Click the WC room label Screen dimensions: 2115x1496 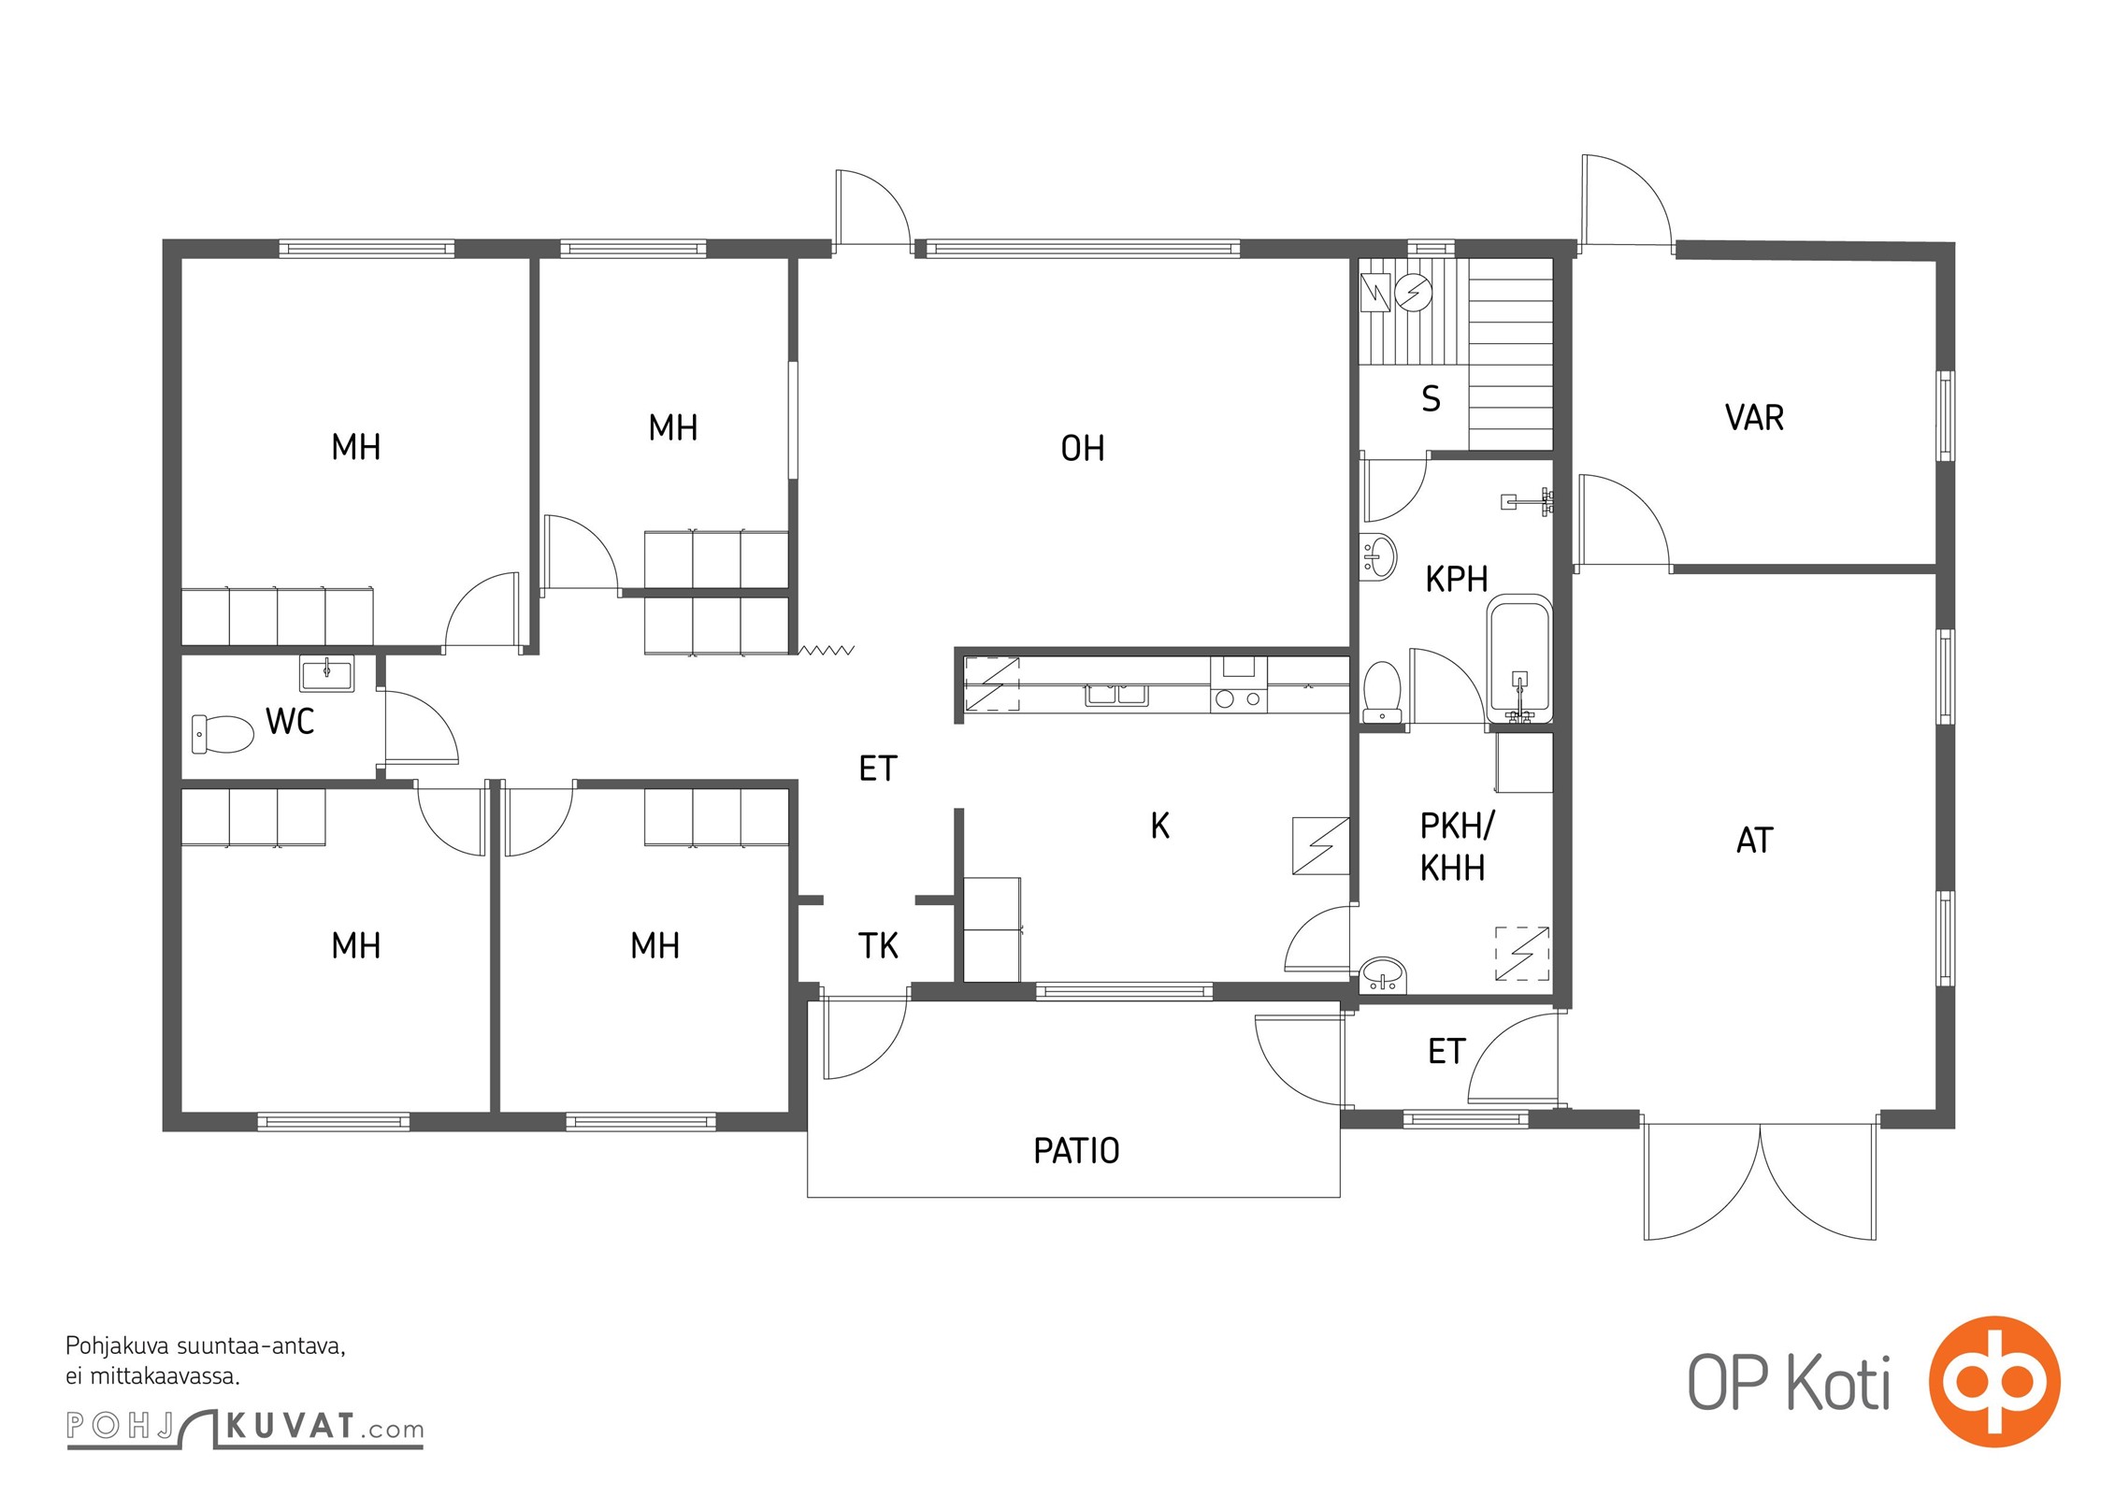(x=290, y=722)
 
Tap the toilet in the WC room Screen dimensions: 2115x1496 (x=223, y=734)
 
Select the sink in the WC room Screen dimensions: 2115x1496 (x=327, y=673)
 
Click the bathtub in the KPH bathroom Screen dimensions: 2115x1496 (x=1519, y=659)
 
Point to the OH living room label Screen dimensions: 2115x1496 (x=1083, y=449)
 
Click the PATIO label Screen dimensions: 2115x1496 (x=1076, y=1151)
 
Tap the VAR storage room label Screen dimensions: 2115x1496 (x=1754, y=418)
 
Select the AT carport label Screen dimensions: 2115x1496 (x=1754, y=841)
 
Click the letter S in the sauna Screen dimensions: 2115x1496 (x=1431, y=399)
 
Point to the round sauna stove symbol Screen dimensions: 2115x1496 (x=1413, y=293)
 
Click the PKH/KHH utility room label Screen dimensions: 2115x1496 (x=1456, y=847)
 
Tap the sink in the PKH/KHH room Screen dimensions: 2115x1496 (x=1383, y=974)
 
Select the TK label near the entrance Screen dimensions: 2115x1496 (x=878, y=946)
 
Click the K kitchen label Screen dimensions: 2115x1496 (x=1160, y=826)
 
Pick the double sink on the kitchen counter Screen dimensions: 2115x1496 (x=1116, y=694)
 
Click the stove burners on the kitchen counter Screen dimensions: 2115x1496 (x=1239, y=698)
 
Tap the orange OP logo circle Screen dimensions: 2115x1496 (x=1994, y=1382)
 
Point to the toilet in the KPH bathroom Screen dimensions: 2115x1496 (x=1382, y=692)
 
